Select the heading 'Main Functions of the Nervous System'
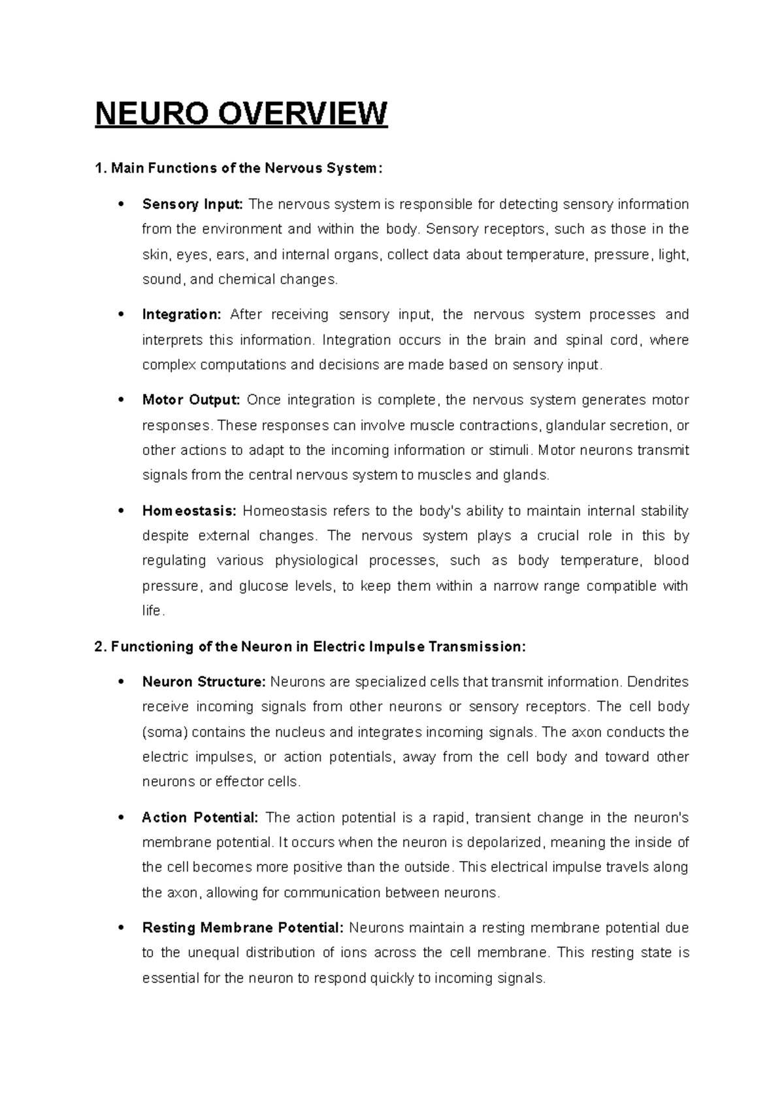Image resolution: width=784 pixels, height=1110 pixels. tap(236, 169)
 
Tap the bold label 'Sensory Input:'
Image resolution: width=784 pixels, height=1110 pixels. tap(193, 205)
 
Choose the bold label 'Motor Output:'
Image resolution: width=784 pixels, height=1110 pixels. tap(191, 400)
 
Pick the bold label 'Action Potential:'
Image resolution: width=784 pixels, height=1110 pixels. tap(200, 818)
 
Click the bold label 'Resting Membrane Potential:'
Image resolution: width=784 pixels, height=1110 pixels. tap(242, 928)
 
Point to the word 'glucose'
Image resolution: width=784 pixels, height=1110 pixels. tap(263, 586)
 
